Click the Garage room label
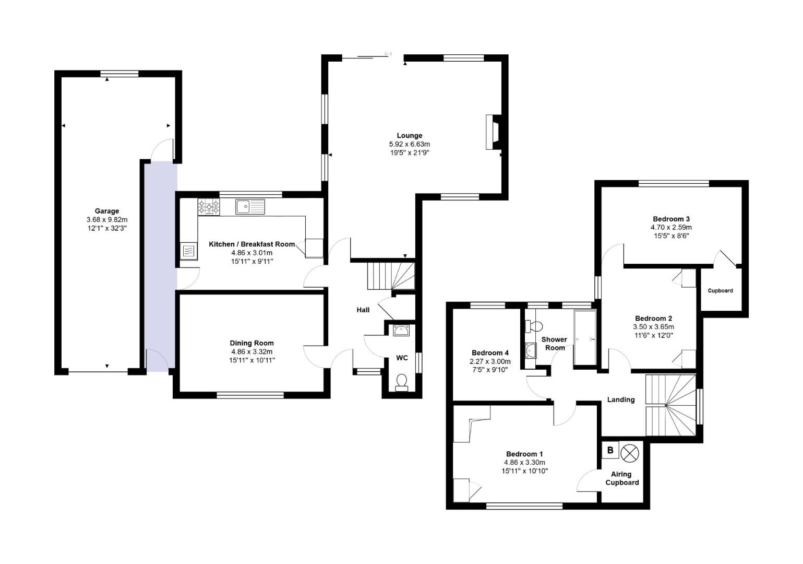106,211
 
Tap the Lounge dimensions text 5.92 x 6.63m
409,145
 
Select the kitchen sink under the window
250,207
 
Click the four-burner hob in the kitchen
209,207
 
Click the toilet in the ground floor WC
402,382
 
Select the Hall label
363,310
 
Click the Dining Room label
251,343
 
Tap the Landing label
620,399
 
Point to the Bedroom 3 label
671,219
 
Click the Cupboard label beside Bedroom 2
720,291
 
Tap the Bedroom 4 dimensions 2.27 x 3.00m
490,361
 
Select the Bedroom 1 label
524,454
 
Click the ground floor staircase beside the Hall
391,276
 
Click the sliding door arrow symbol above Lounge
388,53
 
